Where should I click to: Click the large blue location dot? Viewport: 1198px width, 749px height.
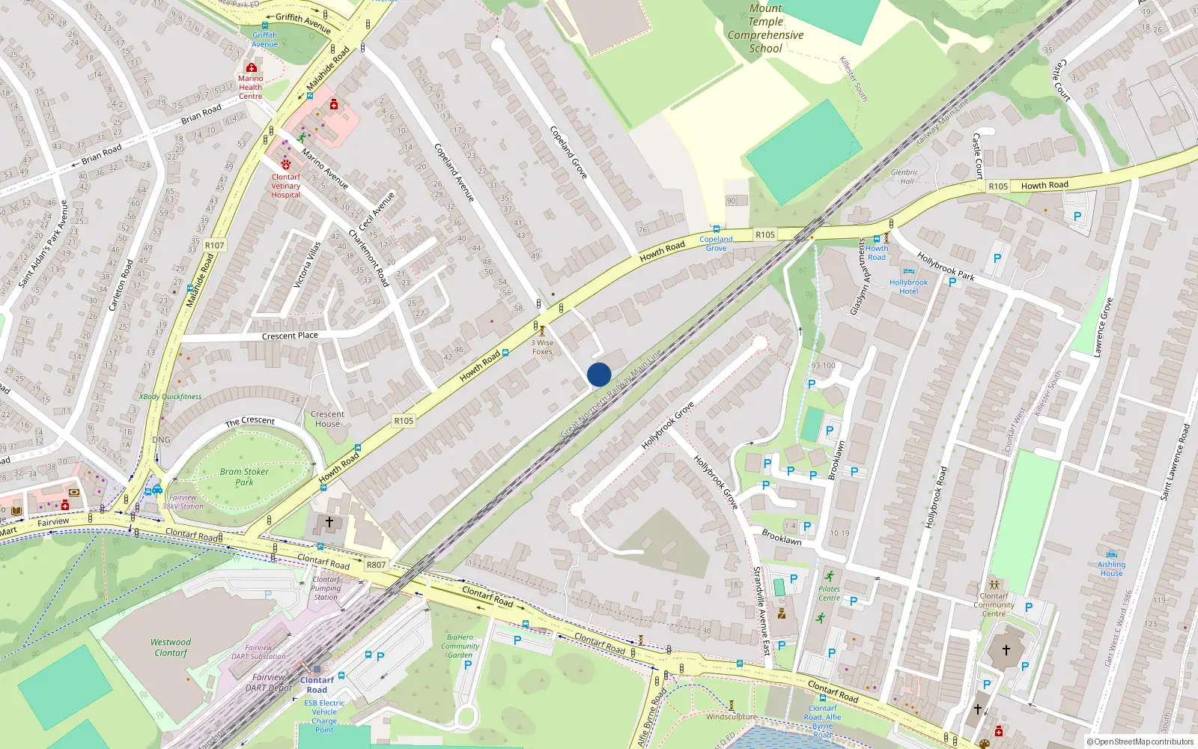(599, 374)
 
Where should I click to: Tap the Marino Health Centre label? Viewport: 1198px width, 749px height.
(251, 87)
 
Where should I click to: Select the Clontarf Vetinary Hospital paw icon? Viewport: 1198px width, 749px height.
(286, 163)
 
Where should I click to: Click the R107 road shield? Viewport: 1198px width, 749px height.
(214, 245)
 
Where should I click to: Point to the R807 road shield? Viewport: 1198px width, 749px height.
(376, 565)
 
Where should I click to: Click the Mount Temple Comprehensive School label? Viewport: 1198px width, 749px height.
(765, 28)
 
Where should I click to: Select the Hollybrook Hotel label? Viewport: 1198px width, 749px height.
(908, 287)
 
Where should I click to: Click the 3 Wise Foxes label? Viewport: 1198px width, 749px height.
(543, 347)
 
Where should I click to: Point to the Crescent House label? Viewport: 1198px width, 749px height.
(327, 419)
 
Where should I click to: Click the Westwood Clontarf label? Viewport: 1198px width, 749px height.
(171, 647)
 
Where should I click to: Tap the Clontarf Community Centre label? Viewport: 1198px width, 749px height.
(994, 604)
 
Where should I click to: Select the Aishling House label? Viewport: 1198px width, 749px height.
(1111, 568)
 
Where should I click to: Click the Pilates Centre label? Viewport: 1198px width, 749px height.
(829, 593)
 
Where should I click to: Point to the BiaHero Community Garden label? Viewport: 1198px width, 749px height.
(460, 646)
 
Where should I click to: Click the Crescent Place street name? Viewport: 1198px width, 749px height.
(290, 336)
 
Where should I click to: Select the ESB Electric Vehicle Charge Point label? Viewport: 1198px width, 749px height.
(324, 716)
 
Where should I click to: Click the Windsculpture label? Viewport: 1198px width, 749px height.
(731, 717)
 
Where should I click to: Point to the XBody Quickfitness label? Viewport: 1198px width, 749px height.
(170, 396)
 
